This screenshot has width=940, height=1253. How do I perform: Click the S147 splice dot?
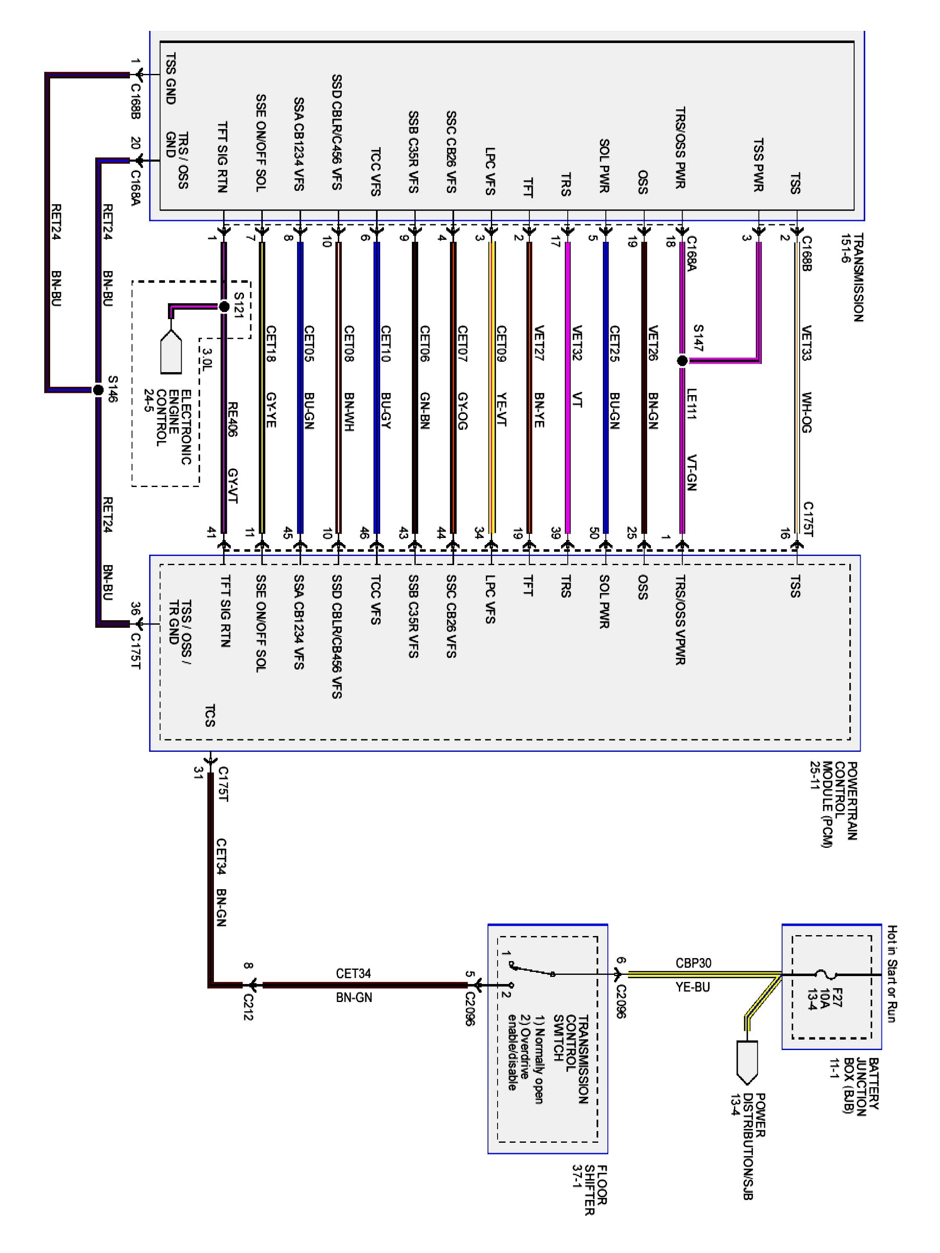click(682, 361)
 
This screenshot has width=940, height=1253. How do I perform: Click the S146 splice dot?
click(98, 390)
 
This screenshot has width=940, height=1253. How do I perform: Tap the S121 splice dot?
click(224, 307)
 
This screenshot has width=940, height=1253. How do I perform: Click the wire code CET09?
click(501, 343)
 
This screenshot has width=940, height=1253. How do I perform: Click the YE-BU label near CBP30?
click(692, 987)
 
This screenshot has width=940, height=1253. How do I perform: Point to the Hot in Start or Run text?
click(891, 974)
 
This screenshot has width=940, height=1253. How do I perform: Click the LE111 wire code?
click(691, 403)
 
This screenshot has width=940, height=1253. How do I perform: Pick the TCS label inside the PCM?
click(210, 715)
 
